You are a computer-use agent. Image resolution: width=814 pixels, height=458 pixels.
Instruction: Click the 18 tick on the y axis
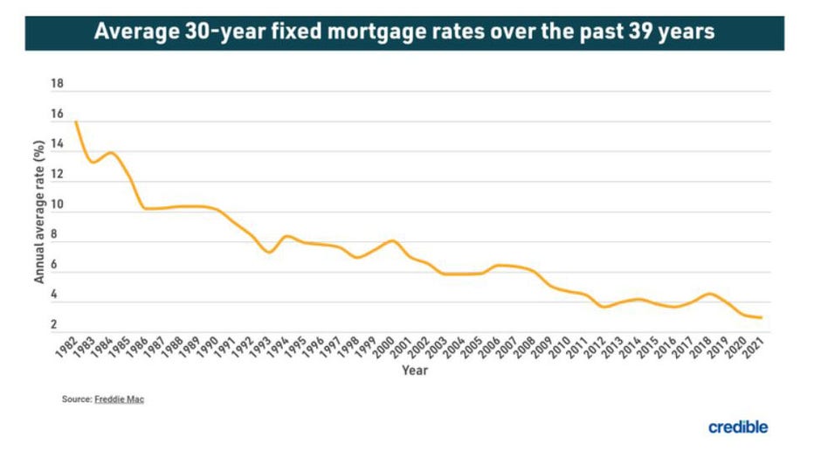59,85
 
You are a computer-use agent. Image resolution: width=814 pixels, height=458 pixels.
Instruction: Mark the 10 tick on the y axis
59,205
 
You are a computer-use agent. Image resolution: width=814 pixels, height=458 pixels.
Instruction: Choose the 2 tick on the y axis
55,325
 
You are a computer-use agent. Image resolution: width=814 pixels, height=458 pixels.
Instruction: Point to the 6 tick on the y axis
55,265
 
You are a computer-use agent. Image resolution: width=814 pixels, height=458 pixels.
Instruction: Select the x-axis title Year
414,371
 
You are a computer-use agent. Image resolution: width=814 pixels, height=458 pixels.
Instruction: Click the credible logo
738,427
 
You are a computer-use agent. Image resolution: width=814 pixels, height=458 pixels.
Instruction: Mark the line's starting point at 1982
76,121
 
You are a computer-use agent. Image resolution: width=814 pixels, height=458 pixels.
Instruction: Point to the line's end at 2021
761,317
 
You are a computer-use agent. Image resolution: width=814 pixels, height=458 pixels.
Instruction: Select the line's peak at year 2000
392,240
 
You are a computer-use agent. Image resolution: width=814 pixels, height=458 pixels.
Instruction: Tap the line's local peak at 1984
110,153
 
